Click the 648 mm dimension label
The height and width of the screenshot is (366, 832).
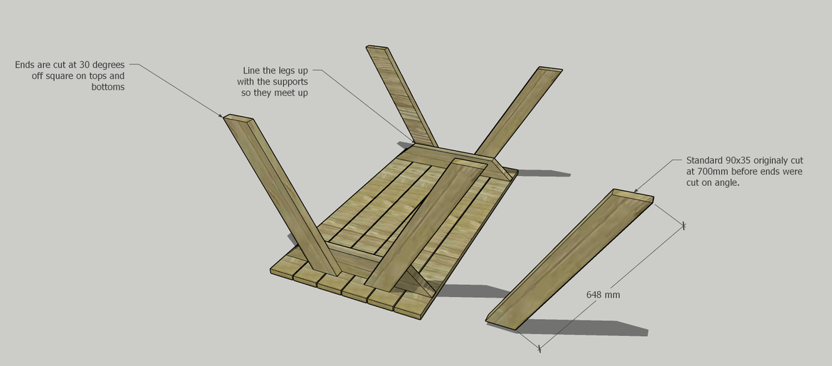click(603, 294)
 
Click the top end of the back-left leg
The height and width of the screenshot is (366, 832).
click(378, 48)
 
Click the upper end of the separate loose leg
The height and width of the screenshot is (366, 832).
click(633, 195)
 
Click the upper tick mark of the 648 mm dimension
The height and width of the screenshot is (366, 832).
click(683, 226)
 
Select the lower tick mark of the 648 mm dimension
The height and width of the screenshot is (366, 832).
click(539, 348)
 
